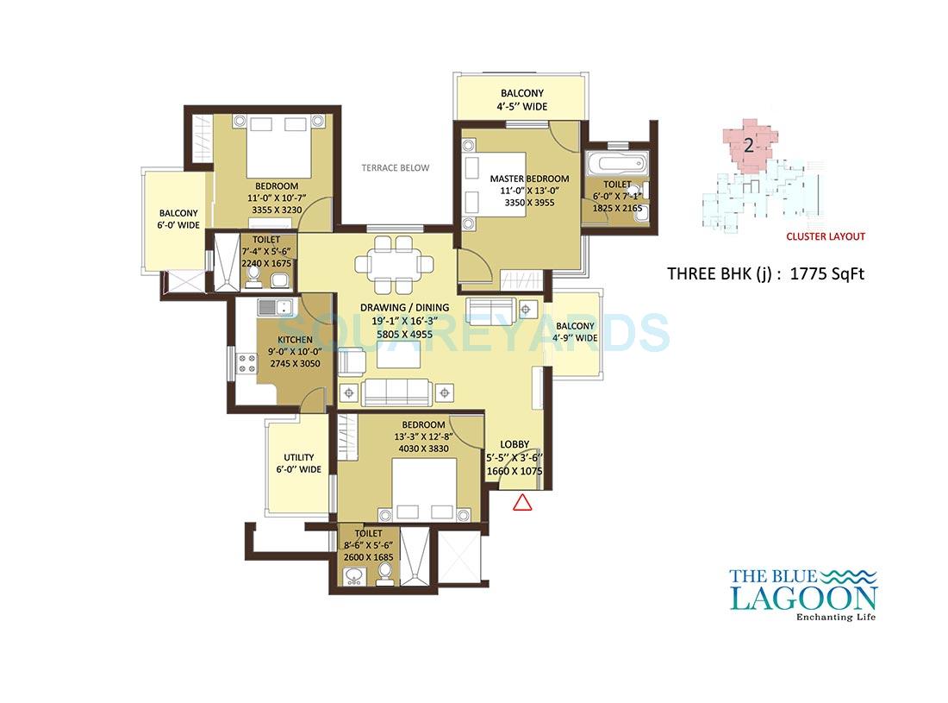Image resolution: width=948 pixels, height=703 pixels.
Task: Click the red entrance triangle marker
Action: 521,503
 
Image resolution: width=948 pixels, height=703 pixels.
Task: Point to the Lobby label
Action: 515,444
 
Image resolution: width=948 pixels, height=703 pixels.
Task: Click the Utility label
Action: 298,458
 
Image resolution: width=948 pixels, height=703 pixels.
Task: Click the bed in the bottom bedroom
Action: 425,490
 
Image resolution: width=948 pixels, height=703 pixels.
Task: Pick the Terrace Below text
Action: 395,167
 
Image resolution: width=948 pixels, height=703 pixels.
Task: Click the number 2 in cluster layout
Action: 748,145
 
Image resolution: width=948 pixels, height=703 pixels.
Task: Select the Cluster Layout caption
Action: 825,236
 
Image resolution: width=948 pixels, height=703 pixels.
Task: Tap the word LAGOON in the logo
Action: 802,597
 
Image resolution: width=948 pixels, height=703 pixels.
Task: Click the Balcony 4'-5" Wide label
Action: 522,100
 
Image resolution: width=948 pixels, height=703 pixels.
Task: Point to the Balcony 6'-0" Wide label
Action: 178,219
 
